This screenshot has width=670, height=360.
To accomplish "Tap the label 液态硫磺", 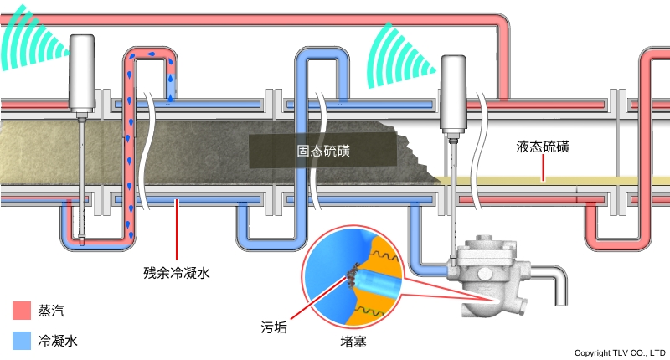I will (543, 147).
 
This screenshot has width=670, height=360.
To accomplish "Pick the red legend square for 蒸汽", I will (22, 311).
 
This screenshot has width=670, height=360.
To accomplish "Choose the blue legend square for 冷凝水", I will (22, 340).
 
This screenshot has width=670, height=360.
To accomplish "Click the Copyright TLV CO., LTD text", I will (619, 352).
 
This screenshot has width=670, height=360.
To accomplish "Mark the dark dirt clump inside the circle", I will (353, 276).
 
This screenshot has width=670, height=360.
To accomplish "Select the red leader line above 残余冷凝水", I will (176, 234).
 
